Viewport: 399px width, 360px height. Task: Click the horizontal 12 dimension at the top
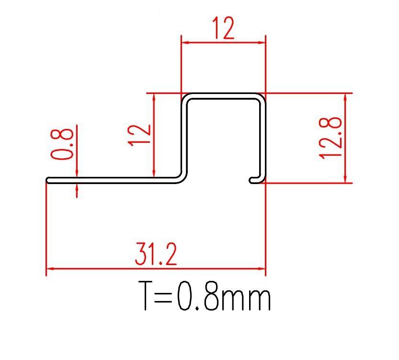pos(224,28)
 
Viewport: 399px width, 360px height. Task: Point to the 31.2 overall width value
pos(156,254)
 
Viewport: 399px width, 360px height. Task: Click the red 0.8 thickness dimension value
pos(62,144)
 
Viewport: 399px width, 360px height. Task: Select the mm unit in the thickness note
pos(246,300)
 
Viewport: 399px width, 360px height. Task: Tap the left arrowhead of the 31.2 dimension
pos(50,268)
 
